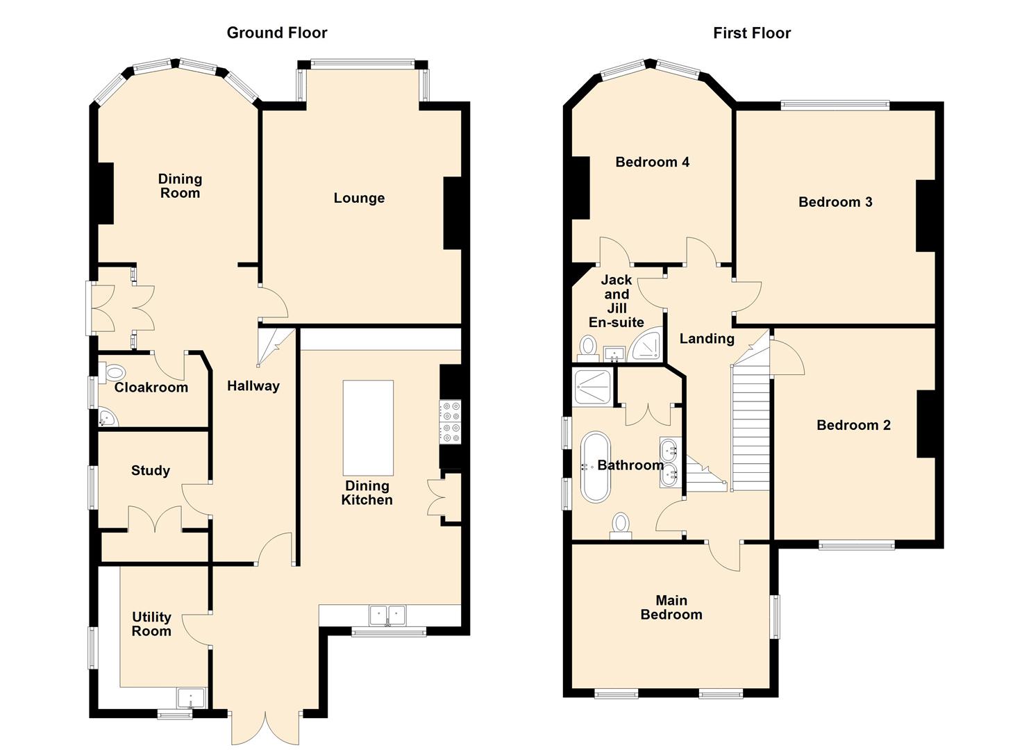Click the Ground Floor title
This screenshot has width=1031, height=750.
[x=276, y=33]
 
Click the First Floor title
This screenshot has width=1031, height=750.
[x=751, y=33]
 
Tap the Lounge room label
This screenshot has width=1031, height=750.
[x=359, y=198]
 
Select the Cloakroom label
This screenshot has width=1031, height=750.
[x=151, y=387]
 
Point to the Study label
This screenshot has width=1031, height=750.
[x=151, y=471]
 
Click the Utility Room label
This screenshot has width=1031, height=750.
[x=151, y=624]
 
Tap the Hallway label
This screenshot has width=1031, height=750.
[x=253, y=386]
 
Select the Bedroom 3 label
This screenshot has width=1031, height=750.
[x=835, y=202]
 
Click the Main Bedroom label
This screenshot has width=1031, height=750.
[x=671, y=607]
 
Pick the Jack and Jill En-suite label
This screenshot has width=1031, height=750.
[x=616, y=301]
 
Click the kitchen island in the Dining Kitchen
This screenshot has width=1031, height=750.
[x=368, y=427]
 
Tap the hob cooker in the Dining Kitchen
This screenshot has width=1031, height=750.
[x=450, y=422]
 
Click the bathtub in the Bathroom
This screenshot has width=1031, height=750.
[x=595, y=467]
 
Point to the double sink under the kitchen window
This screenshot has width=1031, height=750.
[x=387, y=615]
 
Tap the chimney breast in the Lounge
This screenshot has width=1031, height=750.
[x=453, y=213]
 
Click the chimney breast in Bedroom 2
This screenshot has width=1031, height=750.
[x=925, y=424]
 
